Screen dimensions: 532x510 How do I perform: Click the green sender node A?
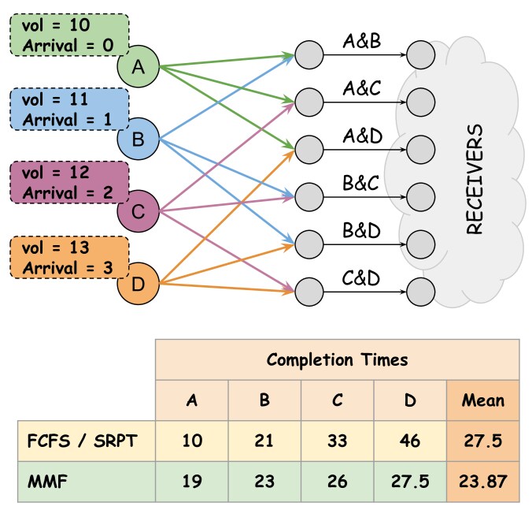[138, 66]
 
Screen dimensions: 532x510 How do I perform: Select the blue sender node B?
[138, 139]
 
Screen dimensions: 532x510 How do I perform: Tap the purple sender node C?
[138, 211]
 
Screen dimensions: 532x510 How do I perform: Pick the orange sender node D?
[138, 283]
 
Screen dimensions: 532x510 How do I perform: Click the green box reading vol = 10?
[69, 35]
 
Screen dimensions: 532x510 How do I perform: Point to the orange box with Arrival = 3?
[69, 258]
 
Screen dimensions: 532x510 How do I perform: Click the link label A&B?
[362, 41]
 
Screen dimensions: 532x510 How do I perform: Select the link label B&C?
[360, 183]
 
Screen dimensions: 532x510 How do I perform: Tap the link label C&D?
[360, 278]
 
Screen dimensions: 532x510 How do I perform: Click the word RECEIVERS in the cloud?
[475, 179]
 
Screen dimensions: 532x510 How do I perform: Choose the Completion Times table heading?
[337, 359]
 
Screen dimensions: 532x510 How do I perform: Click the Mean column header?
[482, 400]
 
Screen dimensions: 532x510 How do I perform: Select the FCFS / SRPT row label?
[82, 441]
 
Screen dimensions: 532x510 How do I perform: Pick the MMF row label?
[47, 481]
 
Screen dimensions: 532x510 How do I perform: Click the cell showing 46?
[410, 441]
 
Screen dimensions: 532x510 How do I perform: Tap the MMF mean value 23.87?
[482, 481]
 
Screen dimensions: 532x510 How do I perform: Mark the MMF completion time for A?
[192, 481]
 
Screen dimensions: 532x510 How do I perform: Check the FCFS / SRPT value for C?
[337, 441]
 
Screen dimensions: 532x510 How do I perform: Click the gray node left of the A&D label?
[309, 150]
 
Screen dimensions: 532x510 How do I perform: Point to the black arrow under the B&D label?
[364, 244]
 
